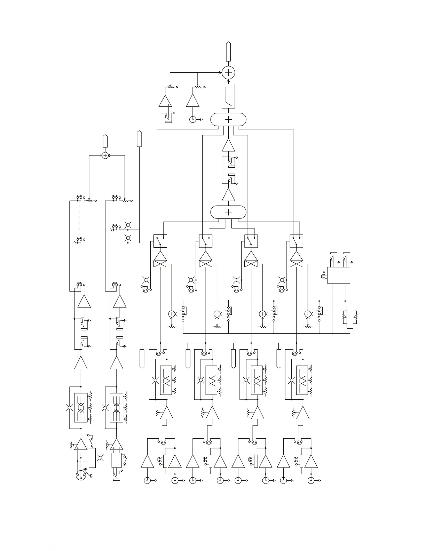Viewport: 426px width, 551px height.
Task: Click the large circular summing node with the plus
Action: (228, 72)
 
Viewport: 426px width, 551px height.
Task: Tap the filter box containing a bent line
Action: (228, 96)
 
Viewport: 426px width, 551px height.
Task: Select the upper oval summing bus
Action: (228, 119)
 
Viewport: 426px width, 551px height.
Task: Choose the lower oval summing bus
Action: (228, 212)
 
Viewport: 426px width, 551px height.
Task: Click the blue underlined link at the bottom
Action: (69, 548)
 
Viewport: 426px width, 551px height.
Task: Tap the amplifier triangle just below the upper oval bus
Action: (228, 145)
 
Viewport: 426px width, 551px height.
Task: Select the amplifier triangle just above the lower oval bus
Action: (228, 195)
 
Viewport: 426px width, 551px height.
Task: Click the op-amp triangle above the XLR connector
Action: (81, 444)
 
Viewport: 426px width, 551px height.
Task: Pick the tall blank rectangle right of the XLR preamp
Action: (92, 458)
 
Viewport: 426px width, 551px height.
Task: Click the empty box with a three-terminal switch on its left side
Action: (338, 275)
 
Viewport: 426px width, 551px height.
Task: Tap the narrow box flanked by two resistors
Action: (350, 317)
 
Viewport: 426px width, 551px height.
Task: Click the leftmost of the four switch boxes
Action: (160, 241)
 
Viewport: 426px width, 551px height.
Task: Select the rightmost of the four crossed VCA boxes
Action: (296, 259)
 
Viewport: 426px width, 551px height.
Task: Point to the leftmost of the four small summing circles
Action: (172, 314)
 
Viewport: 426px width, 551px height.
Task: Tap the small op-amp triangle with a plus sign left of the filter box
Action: (165, 101)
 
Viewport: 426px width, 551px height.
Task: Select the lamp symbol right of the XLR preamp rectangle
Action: (101, 458)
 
